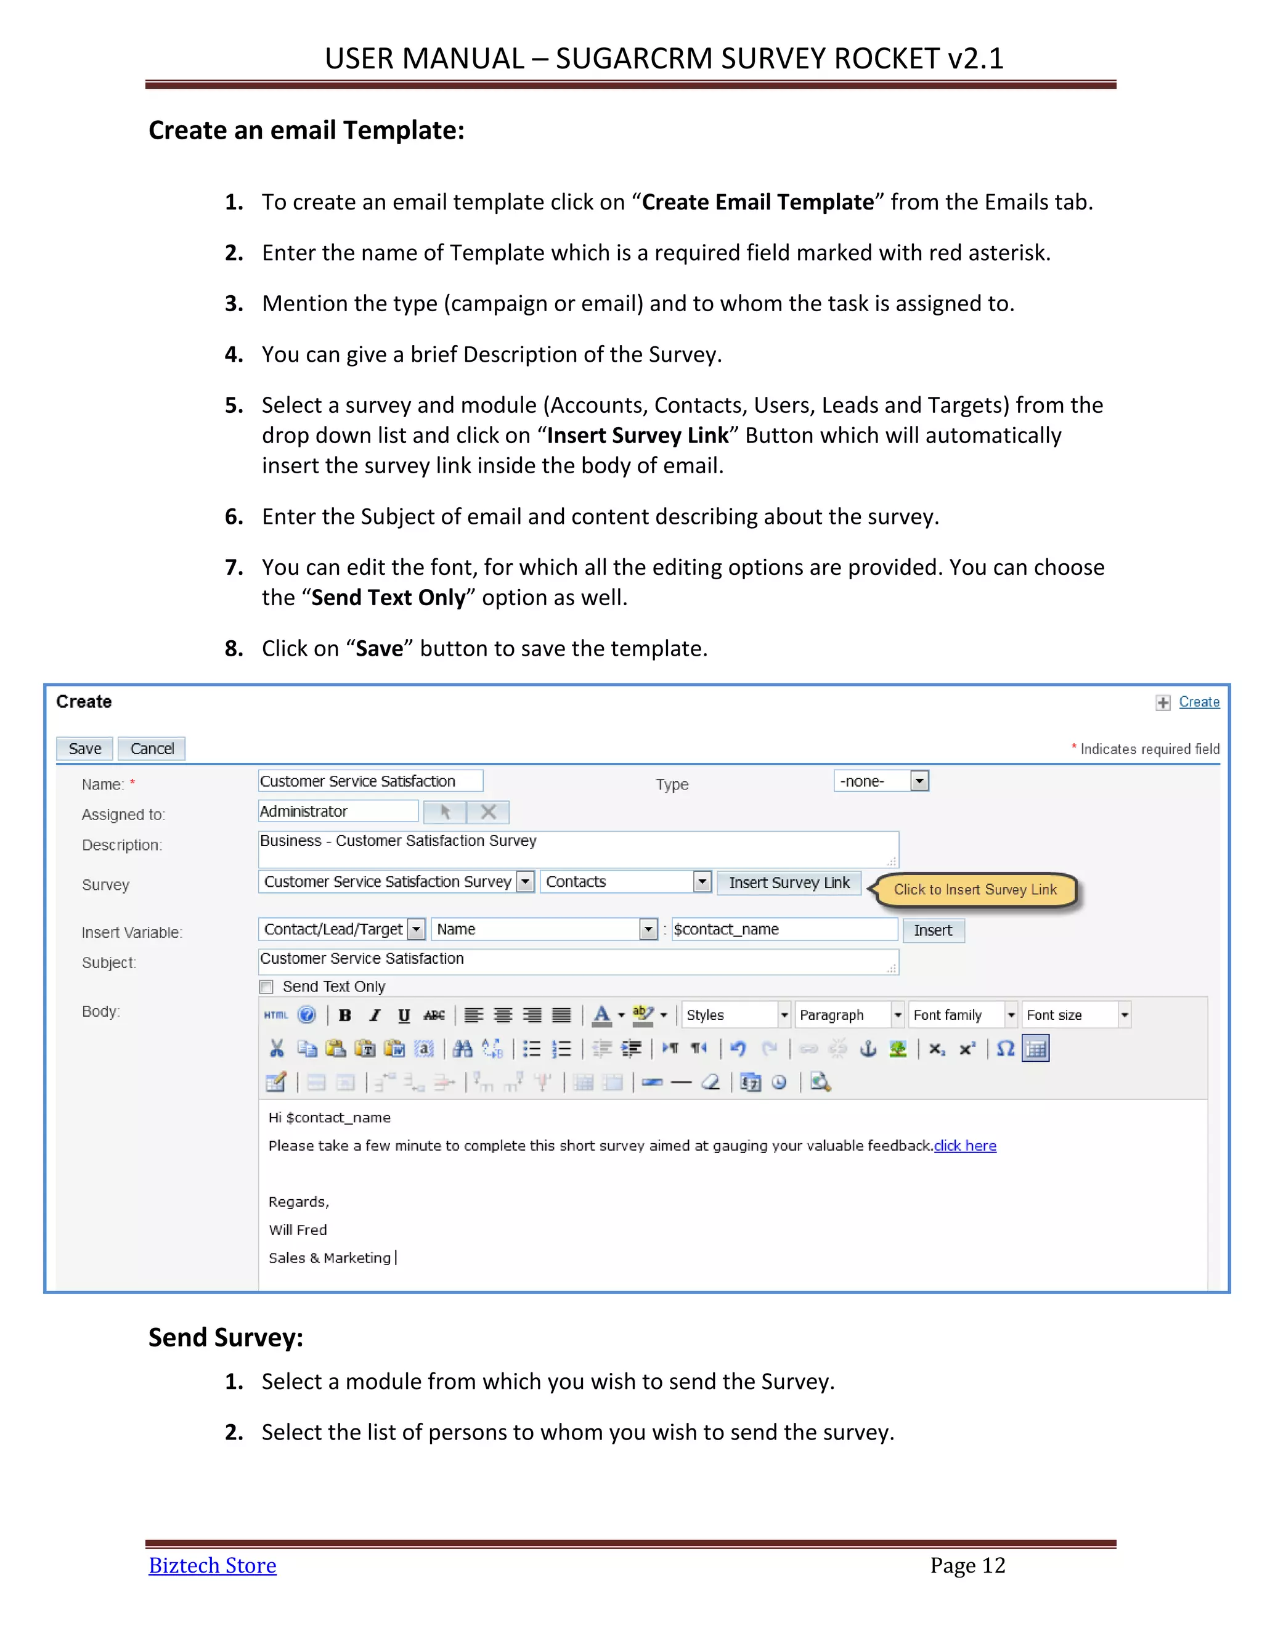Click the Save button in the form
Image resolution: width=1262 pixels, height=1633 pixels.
[84, 749]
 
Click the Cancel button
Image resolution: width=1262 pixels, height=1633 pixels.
[152, 749]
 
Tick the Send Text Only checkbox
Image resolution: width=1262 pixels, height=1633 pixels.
[267, 987]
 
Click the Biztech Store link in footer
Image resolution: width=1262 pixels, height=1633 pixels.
[213, 1565]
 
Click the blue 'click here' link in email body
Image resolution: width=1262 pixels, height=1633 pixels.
[964, 1146]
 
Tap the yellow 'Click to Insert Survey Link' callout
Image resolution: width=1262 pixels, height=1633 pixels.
[975, 890]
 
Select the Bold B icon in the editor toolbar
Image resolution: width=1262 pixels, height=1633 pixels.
[344, 1015]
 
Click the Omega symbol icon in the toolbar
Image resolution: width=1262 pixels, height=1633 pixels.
[1006, 1048]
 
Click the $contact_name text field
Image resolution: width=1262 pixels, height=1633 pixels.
[784, 929]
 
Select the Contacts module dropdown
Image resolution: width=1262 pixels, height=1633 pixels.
[626, 882]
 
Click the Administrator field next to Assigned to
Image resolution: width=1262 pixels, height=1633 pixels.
[338, 812]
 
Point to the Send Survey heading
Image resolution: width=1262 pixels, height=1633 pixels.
[226, 1337]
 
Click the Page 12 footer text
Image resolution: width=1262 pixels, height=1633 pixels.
[967, 1565]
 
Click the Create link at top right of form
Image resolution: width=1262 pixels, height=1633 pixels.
[1199, 702]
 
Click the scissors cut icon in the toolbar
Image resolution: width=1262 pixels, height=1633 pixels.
[277, 1048]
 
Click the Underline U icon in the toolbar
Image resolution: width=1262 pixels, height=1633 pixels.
[404, 1015]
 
